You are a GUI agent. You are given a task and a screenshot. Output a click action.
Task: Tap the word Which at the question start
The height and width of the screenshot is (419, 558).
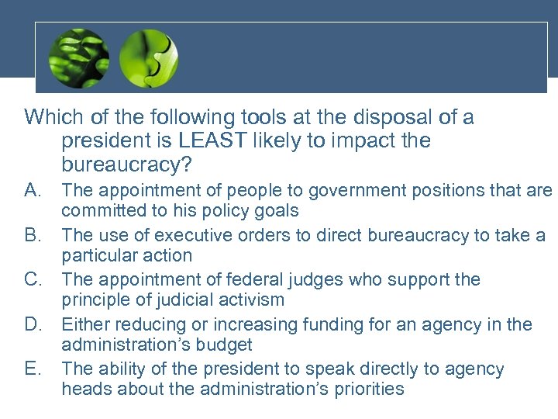click(x=51, y=118)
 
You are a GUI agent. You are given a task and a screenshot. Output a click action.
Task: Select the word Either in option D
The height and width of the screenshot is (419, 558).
click(x=85, y=324)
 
